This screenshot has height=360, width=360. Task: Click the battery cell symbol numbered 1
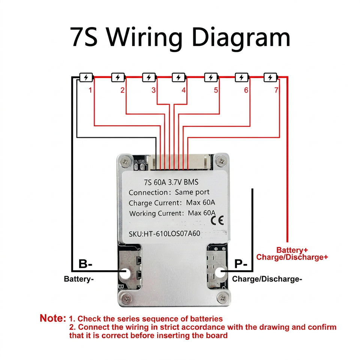tap(86, 78)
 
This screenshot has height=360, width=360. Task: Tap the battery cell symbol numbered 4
tap(179, 78)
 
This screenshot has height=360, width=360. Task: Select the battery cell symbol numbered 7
tap(270, 78)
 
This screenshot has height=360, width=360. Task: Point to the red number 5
tap(216, 90)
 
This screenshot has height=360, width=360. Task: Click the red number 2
tap(122, 90)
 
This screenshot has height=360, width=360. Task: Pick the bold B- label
tap(85, 264)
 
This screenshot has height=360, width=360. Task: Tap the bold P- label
tap(241, 264)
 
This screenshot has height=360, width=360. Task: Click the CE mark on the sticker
tap(217, 220)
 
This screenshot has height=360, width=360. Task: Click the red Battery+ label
tap(292, 250)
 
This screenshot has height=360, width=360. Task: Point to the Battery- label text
tap(79, 279)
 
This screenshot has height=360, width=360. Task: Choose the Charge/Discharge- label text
tap(267, 279)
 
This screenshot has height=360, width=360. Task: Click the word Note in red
tap(53, 318)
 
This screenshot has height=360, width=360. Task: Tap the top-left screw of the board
tap(125, 162)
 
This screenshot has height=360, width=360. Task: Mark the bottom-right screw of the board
tap(222, 298)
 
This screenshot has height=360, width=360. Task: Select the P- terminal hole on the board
tap(220, 273)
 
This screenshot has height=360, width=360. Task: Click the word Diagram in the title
tap(241, 37)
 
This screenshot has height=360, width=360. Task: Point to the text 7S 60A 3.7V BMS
tap(171, 182)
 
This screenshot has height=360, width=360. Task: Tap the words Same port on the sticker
tap(192, 192)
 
